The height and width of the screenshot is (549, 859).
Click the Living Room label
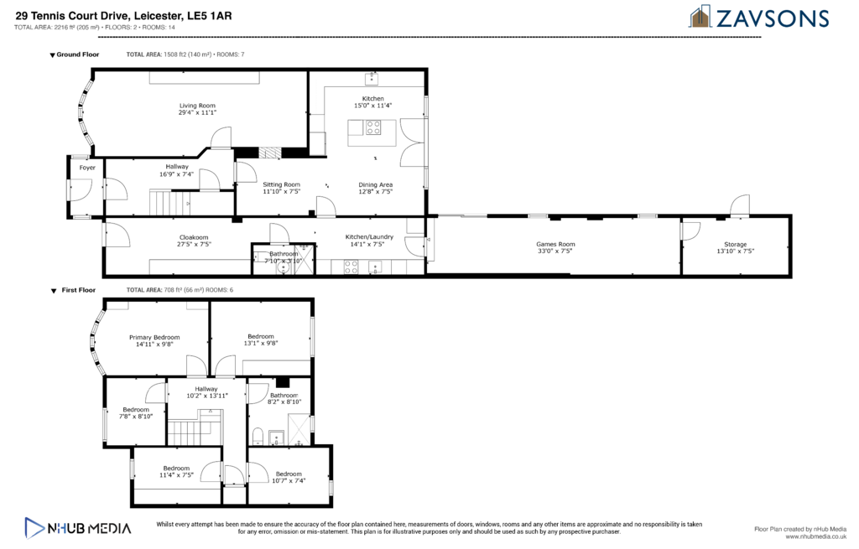coord(197,106)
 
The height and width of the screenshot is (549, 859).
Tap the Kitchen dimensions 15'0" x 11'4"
coord(373,106)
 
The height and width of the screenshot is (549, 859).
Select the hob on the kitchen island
coord(373,127)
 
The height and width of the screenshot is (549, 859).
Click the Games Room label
coord(555,244)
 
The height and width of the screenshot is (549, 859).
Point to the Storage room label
coord(735,244)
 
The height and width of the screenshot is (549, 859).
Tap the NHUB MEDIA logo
coord(78,528)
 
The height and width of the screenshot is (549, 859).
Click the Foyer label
coord(87,168)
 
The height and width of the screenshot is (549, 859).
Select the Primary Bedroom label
coord(154,337)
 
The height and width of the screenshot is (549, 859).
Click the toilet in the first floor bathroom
coord(258,436)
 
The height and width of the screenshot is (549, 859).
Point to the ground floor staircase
coord(169,202)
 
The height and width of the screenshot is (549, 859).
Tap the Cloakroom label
coord(194,237)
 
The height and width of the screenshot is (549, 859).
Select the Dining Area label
coord(376,185)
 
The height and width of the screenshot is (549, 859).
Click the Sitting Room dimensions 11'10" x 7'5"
coord(282,192)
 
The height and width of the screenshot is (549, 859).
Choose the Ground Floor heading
coord(78,54)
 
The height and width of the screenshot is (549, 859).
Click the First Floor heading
coord(78,290)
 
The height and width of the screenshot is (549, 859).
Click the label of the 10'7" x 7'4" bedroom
coord(289,474)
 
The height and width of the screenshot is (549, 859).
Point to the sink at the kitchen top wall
coord(372,78)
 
